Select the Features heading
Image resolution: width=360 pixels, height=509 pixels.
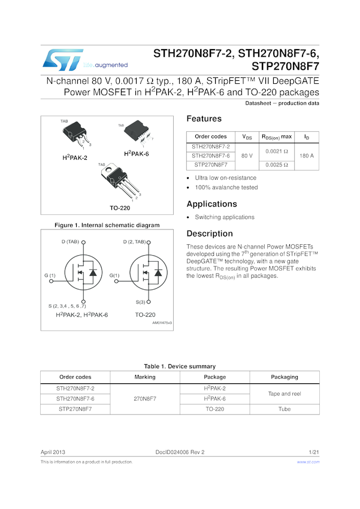click(204, 119)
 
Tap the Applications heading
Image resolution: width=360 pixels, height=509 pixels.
click(211, 204)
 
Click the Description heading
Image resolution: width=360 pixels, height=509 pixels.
click(208, 234)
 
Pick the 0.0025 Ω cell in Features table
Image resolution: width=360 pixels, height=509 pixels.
click(277, 165)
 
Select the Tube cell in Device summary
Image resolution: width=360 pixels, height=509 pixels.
click(284, 409)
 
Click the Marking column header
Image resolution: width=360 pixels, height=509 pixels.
click(145, 377)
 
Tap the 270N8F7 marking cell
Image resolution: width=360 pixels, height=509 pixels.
click(145, 399)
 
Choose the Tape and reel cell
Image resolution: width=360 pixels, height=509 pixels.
click(284, 393)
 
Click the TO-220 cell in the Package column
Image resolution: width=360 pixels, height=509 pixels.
click(214, 409)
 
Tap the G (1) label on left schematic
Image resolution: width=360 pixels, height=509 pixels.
click(50, 275)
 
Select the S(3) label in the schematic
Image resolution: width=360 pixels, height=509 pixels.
click(141, 302)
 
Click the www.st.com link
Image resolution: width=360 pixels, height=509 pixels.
click(308, 462)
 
